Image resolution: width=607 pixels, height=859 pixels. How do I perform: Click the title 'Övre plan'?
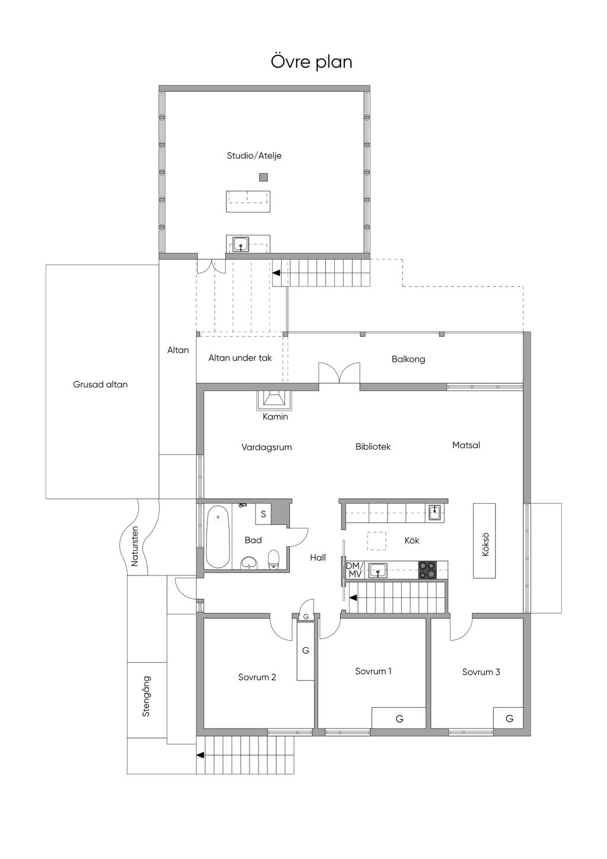click(x=311, y=62)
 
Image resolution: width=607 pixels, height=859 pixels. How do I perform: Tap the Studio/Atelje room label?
click(x=254, y=156)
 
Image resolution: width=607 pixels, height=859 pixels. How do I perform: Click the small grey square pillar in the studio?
click(x=263, y=177)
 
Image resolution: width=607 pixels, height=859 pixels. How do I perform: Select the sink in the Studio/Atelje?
click(x=240, y=244)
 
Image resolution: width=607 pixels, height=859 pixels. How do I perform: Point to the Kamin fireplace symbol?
click(x=274, y=400)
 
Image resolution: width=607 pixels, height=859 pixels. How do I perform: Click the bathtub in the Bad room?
click(x=218, y=536)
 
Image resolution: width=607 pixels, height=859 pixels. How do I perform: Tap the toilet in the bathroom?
click(x=273, y=559)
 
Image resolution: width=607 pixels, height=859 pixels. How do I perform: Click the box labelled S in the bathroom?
click(x=263, y=514)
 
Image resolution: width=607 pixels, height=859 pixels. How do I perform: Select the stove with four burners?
click(x=427, y=570)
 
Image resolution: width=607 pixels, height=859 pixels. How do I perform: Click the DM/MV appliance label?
click(x=354, y=570)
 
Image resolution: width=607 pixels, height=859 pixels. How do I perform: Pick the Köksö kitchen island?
click(x=484, y=540)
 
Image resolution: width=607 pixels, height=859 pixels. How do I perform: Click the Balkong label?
click(x=408, y=359)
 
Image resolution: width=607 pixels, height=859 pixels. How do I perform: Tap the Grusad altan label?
click(x=100, y=384)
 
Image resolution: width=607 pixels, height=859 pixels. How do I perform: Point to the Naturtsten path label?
click(x=135, y=546)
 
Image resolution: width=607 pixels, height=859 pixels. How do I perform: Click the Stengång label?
click(x=146, y=696)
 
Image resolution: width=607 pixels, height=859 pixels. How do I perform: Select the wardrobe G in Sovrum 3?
click(x=509, y=718)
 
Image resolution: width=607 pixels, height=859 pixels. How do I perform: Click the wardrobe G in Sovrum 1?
click(x=399, y=718)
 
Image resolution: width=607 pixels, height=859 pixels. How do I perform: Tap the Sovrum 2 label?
click(x=257, y=677)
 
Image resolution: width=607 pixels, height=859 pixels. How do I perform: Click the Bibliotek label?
click(x=373, y=447)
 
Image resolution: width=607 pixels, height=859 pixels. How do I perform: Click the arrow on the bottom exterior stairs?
click(x=200, y=755)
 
